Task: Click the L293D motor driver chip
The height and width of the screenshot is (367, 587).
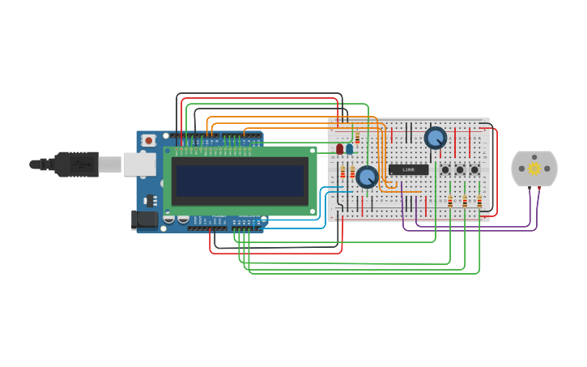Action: pyautogui.click(x=408, y=170)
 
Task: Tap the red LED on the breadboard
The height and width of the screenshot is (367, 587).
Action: pyautogui.click(x=340, y=149)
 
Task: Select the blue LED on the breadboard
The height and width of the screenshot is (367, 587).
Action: pyautogui.click(x=349, y=149)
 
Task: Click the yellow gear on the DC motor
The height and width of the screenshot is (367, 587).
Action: pyautogui.click(x=534, y=169)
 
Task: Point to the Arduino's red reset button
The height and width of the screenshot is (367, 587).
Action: pyautogui.click(x=148, y=141)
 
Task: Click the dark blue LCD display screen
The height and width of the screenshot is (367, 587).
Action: pyautogui.click(x=240, y=181)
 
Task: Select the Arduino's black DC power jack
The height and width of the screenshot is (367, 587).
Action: pyautogui.click(x=144, y=219)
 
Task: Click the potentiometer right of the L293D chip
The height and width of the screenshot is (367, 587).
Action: pyautogui.click(x=436, y=138)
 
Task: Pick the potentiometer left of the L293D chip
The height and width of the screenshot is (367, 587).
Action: pyautogui.click(x=367, y=177)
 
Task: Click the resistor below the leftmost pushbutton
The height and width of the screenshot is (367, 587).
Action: pyautogui.click(x=450, y=200)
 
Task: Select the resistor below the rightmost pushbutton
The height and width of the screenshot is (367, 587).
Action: pyautogui.click(x=479, y=200)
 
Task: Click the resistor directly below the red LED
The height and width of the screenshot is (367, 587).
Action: pyautogui.click(x=342, y=172)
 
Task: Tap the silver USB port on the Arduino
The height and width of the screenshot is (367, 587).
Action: pyautogui.click(x=138, y=164)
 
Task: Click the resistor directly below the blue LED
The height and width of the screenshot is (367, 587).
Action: pyautogui.click(x=352, y=172)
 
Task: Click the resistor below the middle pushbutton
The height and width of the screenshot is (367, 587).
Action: pyautogui.click(x=465, y=200)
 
